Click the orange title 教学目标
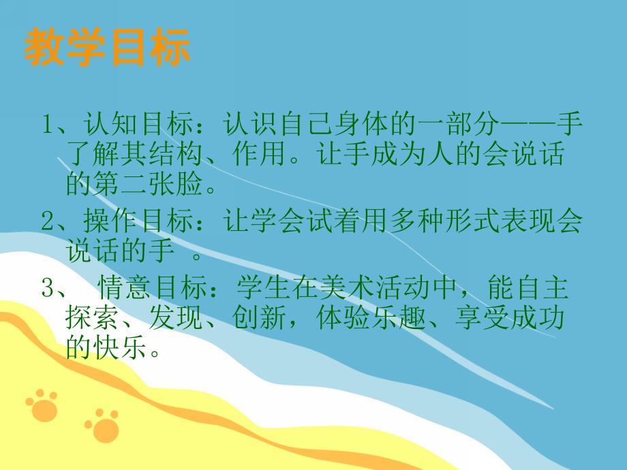click(108, 48)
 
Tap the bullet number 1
click(48, 126)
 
